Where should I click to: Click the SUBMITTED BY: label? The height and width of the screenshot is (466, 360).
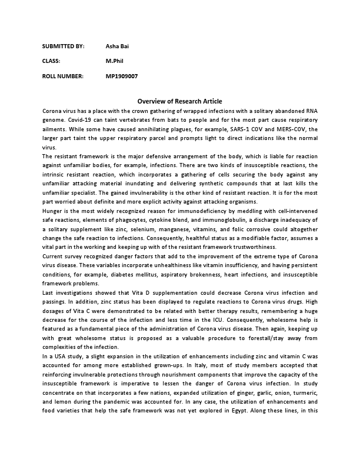coord(64,45)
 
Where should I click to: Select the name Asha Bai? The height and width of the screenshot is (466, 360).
coord(117,45)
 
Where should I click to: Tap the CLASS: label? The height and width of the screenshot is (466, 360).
coord(52,61)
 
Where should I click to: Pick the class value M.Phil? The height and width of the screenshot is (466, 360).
coord(115,61)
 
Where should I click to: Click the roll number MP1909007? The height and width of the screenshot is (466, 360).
coord(122,76)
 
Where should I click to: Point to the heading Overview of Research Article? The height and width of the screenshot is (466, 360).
coord(180,101)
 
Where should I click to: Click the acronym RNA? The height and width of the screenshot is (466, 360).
coord(311,110)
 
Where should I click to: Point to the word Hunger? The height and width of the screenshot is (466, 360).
coord(52,210)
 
